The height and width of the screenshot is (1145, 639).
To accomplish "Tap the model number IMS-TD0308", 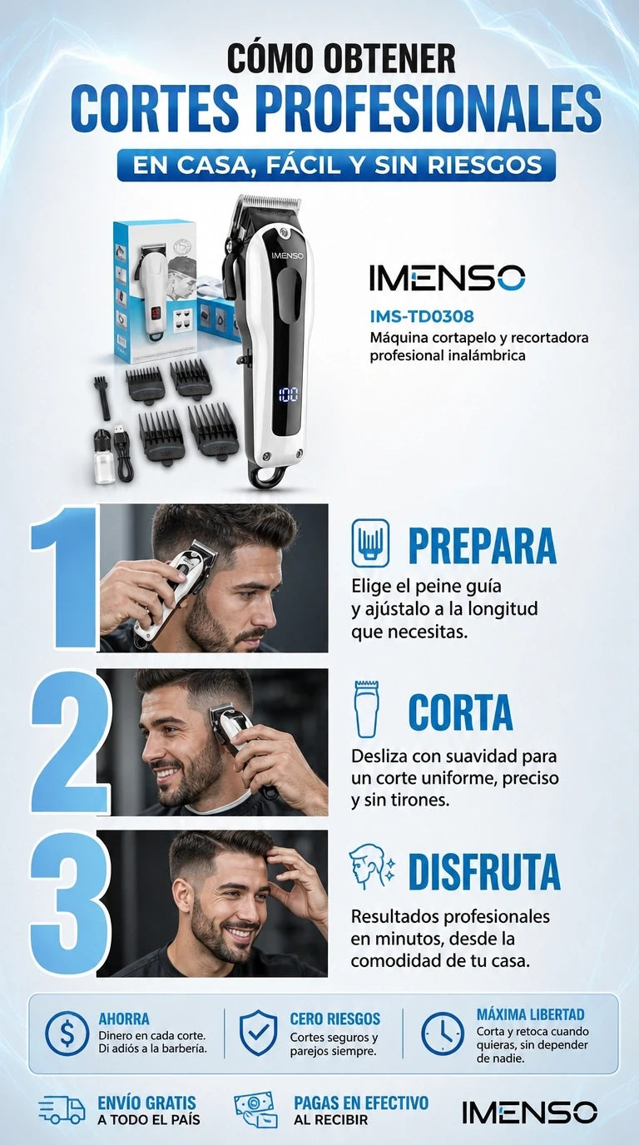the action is (x=422, y=316).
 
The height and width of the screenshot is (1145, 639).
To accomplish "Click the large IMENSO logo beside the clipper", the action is (x=448, y=278).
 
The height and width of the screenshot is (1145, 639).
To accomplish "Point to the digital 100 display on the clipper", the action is (x=289, y=394).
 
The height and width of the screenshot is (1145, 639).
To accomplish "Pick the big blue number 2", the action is (x=70, y=742).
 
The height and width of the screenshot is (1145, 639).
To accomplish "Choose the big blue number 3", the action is (x=70, y=905).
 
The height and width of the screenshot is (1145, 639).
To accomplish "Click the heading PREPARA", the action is (x=482, y=545).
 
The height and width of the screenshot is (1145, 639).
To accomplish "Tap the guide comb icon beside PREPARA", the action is (x=370, y=543).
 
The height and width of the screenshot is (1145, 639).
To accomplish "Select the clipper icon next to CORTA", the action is (x=367, y=708).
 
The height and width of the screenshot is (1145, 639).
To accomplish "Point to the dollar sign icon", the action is (x=67, y=1034).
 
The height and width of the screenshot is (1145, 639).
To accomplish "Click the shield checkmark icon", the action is (x=259, y=1033).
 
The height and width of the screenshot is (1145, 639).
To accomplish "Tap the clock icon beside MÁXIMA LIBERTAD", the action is (x=443, y=1033).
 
